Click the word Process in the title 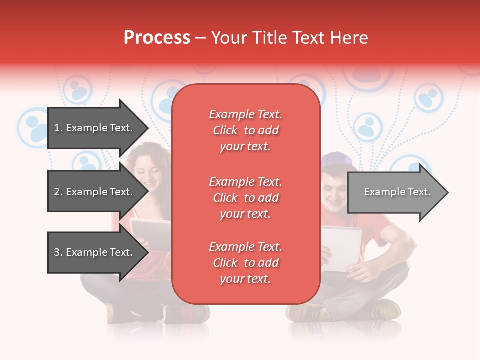tap(157, 38)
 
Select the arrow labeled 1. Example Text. tap(93, 128)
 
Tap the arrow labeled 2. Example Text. tap(93, 192)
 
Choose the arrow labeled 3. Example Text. tap(93, 252)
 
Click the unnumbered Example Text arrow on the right tap(397, 192)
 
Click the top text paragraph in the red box tap(245, 130)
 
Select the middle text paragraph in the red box tap(245, 198)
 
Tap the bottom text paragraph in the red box tap(245, 263)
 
